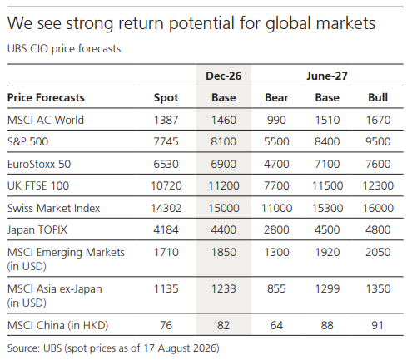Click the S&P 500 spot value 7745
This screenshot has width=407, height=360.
point(166,141)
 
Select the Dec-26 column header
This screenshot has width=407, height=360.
point(223,76)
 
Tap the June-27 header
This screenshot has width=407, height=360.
point(327,76)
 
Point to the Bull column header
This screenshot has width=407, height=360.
point(378,97)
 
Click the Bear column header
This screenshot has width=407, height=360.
point(276,97)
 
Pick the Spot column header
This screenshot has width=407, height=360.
point(166,98)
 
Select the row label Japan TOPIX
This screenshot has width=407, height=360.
point(37,230)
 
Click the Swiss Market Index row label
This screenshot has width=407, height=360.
point(53,208)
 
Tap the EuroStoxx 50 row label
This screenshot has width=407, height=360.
point(39,164)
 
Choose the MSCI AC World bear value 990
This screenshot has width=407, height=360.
point(276,120)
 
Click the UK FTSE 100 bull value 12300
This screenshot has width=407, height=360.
point(378,185)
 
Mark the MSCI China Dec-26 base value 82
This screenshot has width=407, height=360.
point(223,325)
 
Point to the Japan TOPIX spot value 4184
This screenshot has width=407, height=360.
point(166,229)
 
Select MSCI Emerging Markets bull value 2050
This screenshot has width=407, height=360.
point(378,252)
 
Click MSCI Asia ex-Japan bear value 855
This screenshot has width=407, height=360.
point(276,288)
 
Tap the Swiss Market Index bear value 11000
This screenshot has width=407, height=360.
point(276,208)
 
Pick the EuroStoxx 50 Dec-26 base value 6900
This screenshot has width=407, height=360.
point(223,164)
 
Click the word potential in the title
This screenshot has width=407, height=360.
point(202,23)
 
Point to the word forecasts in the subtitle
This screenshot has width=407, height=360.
point(99,49)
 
